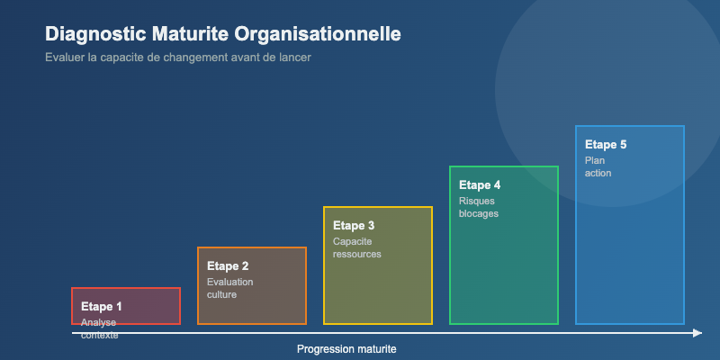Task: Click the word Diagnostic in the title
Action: coord(95,35)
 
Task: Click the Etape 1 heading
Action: coord(102,307)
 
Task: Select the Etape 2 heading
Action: coord(228,266)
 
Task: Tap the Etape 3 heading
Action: coord(354,226)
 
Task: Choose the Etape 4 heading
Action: coord(480,185)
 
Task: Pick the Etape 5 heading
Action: coord(606,145)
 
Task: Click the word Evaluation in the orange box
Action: coord(230,282)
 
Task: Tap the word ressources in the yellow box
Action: coord(357,254)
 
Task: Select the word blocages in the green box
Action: coord(479,213)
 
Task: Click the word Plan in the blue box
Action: coord(595,160)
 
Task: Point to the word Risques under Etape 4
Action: coord(477,201)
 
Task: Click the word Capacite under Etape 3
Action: coord(353,241)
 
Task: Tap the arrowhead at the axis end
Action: coord(697,333)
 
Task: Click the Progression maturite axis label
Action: coord(346,349)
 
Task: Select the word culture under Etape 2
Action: coord(221,294)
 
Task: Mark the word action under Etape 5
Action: coord(598,173)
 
